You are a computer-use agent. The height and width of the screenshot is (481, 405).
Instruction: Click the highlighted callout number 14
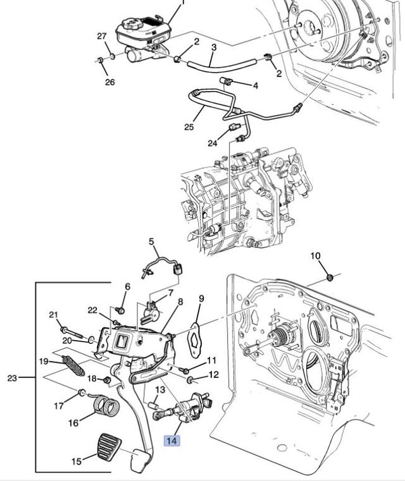pyautogui.click(x=171, y=441)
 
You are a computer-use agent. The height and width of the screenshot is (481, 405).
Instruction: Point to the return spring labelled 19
pyautogui.click(x=73, y=366)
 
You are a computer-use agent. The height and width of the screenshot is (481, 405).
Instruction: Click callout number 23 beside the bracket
pyautogui.click(x=12, y=377)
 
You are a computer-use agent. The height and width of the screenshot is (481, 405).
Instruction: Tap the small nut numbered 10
pyautogui.click(x=330, y=277)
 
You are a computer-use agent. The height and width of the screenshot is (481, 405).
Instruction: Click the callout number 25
pyautogui.click(x=189, y=126)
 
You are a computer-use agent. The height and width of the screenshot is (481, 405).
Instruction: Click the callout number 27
pyautogui.click(x=102, y=36)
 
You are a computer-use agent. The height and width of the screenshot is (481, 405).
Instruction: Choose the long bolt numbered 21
pyautogui.click(x=72, y=332)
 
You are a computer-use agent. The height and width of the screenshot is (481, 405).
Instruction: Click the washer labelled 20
pyautogui.click(x=92, y=340)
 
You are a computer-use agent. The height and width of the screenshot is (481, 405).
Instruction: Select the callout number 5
pyautogui.click(x=151, y=241)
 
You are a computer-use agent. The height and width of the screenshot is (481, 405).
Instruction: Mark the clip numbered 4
pyautogui.click(x=226, y=81)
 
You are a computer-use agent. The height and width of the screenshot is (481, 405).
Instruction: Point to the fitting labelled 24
pyautogui.click(x=234, y=126)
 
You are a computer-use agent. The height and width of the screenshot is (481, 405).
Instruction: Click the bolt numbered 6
pyautogui.click(x=120, y=310)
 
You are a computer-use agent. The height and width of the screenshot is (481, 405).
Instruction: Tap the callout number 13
pyautogui.click(x=160, y=390)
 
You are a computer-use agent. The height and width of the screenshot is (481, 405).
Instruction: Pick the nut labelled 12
pyautogui.click(x=190, y=381)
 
